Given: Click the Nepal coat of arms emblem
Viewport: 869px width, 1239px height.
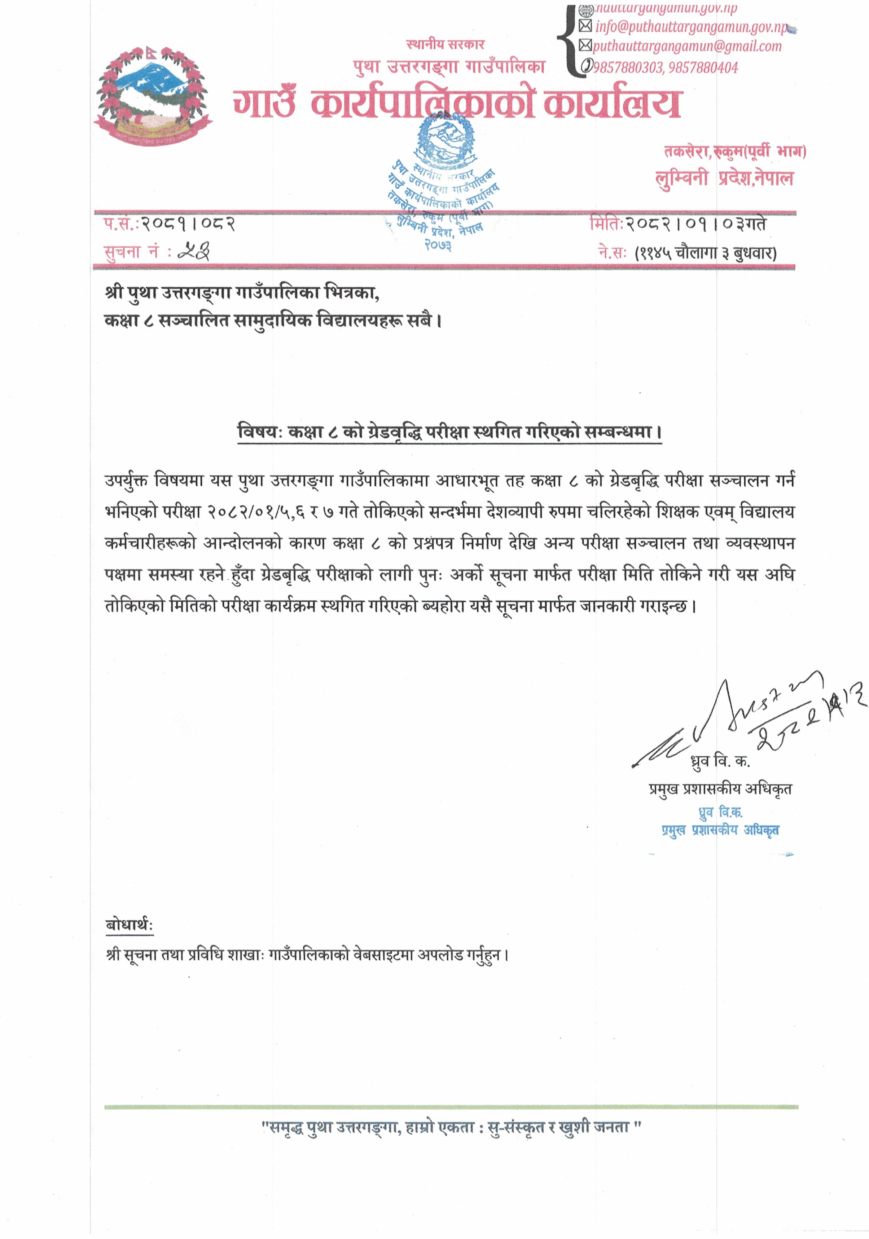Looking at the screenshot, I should tap(153, 97).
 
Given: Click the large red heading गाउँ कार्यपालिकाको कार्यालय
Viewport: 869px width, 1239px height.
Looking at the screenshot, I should tap(456, 102).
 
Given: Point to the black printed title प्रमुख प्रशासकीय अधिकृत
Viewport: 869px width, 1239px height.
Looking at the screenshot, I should tap(720, 789).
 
